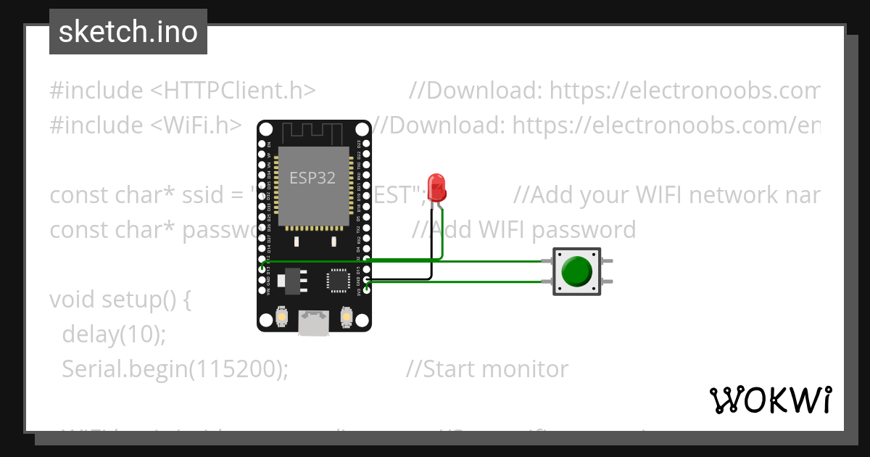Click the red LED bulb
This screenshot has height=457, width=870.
click(x=436, y=186)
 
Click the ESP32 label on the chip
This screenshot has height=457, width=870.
click(x=312, y=178)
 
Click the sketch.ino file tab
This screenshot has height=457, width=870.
click(x=128, y=32)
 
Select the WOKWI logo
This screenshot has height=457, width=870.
click(x=770, y=400)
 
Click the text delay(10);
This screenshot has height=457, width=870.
click(x=115, y=334)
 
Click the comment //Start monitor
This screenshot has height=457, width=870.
click(x=487, y=369)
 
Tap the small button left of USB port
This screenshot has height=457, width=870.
click(x=281, y=317)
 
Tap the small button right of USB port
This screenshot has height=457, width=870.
click(x=347, y=317)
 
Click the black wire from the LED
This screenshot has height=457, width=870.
click(x=431, y=254)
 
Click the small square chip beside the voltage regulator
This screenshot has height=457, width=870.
click(x=339, y=280)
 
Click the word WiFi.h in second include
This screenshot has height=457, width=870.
click(x=202, y=125)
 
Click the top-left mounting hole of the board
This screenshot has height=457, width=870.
click(x=266, y=130)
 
